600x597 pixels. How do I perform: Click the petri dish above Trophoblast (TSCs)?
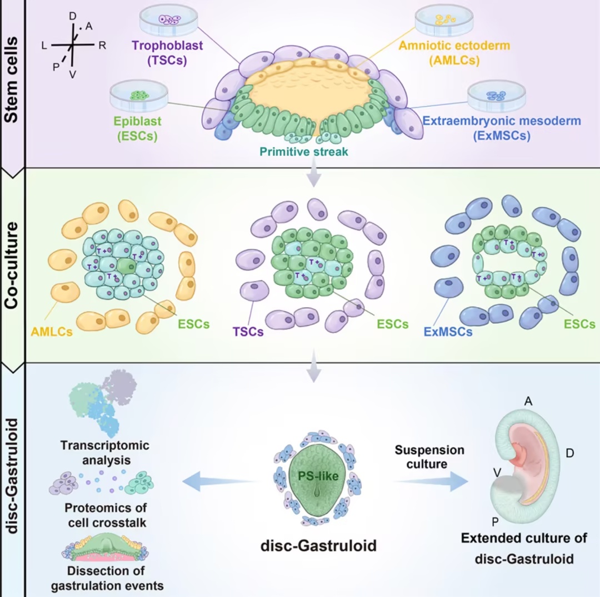pyautogui.click(x=169, y=20)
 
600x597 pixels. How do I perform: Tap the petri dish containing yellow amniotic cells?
pyautogui.click(x=444, y=21)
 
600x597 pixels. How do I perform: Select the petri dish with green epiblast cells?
pyautogui.click(x=139, y=95)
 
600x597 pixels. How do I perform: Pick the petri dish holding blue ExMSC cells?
pyautogui.click(x=496, y=96)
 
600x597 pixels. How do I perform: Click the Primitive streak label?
pyautogui.click(x=304, y=152)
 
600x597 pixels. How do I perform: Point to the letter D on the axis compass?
pyautogui.click(x=72, y=16)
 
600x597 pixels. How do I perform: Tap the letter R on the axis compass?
pyautogui.click(x=102, y=46)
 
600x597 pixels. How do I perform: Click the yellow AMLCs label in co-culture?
pyautogui.click(x=52, y=331)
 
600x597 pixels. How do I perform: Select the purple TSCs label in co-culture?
pyautogui.click(x=248, y=331)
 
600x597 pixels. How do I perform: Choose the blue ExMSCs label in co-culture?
pyautogui.click(x=448, y=331)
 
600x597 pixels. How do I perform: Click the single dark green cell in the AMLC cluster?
pyautogui.click(x=126, y=266)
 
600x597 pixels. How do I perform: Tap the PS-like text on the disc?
pyautogui.click(x=318, y=476)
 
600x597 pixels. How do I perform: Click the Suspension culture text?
pyautogui.click(x=429, y=457)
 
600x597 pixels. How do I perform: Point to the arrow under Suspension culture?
pyautogui.click(x=431, y=481)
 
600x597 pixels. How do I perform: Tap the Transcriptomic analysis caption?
pyautogui.click(x=105, y=452)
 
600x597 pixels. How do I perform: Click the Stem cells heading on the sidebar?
pyautogui.click(x=12, y=80)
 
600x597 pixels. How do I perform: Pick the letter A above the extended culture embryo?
pyautogui.click(x=528, y=401)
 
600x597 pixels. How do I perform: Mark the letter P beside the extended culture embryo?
pyautogui.click(x=495, y=521)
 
